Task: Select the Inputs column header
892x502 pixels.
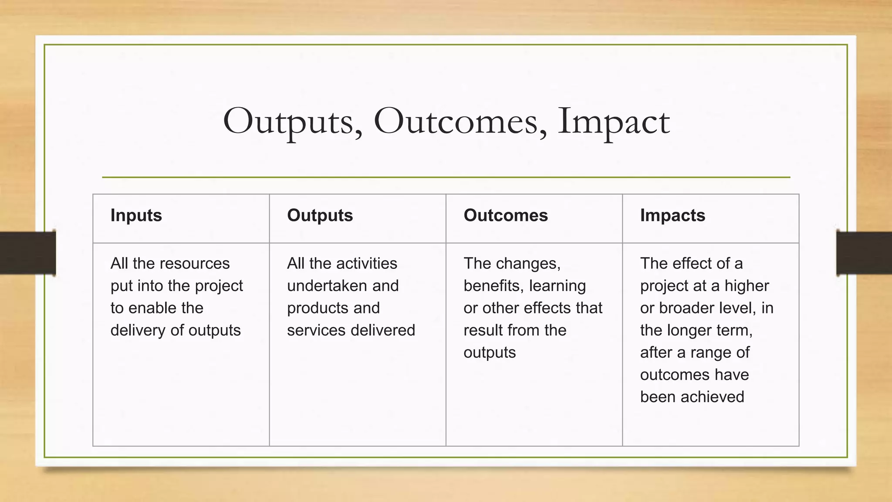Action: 136,215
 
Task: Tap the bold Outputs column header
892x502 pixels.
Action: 320,215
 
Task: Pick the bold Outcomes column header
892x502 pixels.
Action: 505,215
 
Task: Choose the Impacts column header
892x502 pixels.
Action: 672,215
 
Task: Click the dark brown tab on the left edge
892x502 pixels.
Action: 27,253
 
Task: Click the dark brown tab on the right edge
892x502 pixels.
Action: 864,253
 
